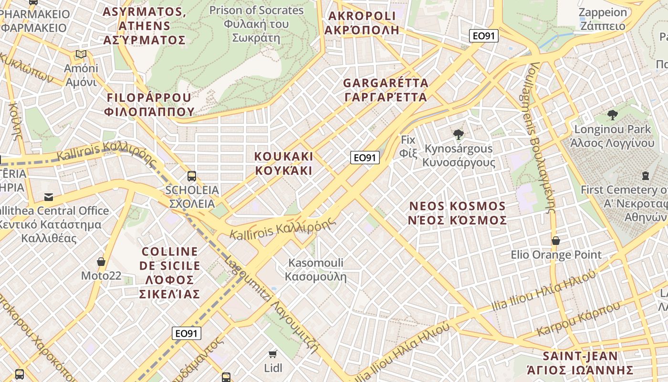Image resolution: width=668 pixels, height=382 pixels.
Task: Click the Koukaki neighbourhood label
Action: (283, 163)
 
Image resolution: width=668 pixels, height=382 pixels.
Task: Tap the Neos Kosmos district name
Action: (458, 213)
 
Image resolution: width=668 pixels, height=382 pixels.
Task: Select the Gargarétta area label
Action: (386, 90)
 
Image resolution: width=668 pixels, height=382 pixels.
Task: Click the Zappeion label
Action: (603, 19)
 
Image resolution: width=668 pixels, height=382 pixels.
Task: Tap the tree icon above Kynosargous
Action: (459, 135)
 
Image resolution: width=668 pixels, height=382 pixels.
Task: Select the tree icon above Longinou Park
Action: (613, 115)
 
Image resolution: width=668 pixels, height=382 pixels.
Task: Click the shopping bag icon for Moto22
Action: (101, 262)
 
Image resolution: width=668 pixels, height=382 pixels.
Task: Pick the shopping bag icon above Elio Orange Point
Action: (556, 241)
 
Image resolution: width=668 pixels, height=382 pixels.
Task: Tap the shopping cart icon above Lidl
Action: (272, 354)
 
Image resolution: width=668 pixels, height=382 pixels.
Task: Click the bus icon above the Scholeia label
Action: (192, 176)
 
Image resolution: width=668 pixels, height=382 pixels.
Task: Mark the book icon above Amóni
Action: (81, 54)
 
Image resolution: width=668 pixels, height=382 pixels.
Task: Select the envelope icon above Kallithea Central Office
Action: (49, 197)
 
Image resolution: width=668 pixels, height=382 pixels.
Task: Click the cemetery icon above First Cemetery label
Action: (646, 176)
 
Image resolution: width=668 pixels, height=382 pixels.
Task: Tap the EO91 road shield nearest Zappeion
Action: (483, 36)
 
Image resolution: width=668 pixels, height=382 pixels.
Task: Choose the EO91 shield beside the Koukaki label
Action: (365, 158)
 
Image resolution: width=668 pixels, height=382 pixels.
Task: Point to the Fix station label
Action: (408, 147)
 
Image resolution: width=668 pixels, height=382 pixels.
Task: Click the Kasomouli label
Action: (316, 269)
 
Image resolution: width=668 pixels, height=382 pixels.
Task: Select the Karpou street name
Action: (578, 319)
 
